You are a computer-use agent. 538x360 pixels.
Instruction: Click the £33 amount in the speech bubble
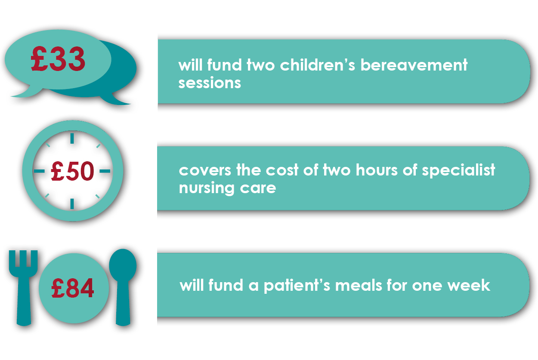tap(58, 59)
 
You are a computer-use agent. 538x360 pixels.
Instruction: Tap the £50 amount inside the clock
tap(72, 171)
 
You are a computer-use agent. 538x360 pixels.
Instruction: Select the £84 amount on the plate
tap(73, 288)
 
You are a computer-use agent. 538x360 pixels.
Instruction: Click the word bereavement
tap(414, 65)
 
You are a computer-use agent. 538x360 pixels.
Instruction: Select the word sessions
tap(210, 83)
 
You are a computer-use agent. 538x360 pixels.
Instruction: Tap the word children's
tap(317, 65)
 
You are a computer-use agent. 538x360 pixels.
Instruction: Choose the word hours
tap(377, 170)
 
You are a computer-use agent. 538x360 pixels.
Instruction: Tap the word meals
tap(359, 285)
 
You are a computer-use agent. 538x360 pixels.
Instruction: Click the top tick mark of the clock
tap(72, 138)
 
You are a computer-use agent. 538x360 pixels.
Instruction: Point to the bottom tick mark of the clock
tap(72, 204)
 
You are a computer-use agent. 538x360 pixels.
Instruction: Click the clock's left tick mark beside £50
tap(39, 171)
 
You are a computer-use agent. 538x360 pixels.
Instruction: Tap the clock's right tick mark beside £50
tap(105, 171)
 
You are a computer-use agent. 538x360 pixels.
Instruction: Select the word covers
tap(205, 171)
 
